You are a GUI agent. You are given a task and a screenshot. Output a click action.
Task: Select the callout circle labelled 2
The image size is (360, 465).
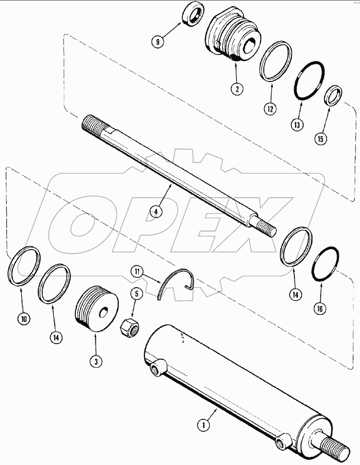[x=237, y=88]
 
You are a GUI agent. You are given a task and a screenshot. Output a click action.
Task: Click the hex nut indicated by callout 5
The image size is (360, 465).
[x=129, y=328]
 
